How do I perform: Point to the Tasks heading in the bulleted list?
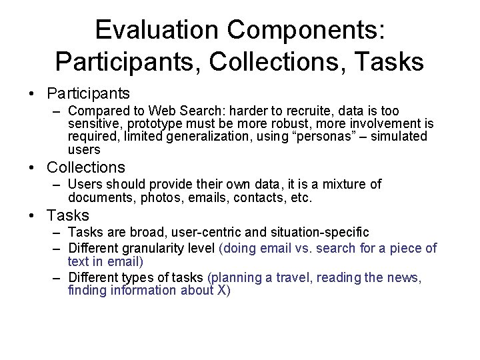coord(69,215)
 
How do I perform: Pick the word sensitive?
coord(93,123)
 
